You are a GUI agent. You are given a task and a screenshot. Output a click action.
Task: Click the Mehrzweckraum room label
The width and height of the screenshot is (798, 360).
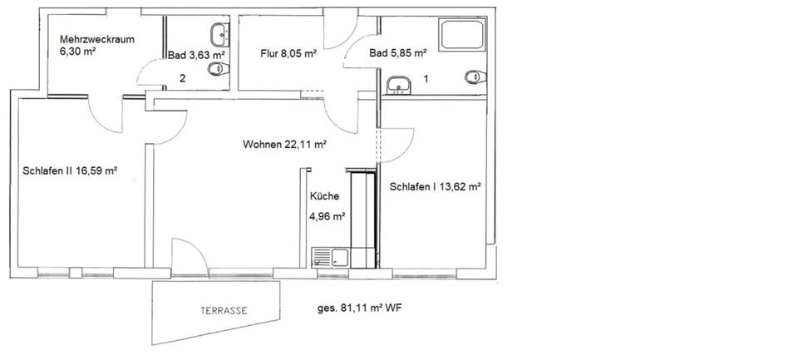point(97,40)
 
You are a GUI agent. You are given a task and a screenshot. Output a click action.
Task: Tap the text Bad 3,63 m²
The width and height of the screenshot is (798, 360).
point(196,55)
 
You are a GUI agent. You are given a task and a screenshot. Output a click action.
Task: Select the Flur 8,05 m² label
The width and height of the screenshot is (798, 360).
point(288,54)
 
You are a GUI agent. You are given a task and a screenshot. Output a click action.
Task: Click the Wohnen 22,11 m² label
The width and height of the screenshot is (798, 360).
point(284,144)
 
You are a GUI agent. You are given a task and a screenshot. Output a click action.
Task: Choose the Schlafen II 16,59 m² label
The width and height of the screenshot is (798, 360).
point(71,171)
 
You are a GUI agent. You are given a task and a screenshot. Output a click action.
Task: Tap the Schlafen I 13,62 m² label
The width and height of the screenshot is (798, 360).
point(436,187)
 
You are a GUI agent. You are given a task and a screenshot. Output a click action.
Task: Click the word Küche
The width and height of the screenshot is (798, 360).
point(323,197)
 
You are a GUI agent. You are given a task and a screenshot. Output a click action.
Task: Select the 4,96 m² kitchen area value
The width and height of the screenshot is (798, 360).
point(327,216)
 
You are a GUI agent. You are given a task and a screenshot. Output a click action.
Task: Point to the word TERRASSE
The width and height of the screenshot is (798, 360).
point(223,310)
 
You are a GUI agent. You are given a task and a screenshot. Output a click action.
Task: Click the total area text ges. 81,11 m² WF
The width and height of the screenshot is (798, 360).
point(358,308)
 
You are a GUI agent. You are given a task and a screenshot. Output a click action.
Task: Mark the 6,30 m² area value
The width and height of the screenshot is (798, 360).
point(77,52)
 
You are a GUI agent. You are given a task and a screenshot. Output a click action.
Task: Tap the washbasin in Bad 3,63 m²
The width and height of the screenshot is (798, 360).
point(219,34)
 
